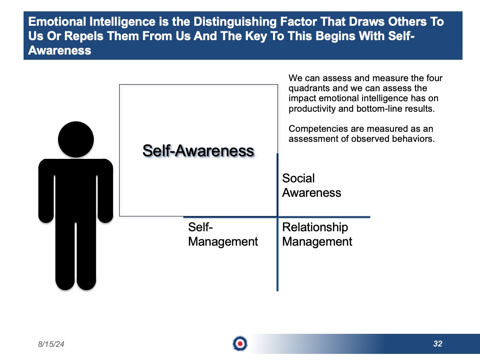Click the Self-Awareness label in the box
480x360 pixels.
tap(199, 151)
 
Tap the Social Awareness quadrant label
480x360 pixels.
tap(312, 185)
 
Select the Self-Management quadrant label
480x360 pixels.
tap(223, 234)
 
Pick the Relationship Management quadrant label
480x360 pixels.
tap(317, 234)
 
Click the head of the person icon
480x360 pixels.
tap(76, 140)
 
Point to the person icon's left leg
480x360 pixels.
tap(65, 256)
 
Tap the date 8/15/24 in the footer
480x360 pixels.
tap(51, 344)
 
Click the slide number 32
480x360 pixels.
tap(438, 344)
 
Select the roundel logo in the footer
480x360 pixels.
tap(240, 344)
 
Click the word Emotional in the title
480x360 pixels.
tap(57, 22)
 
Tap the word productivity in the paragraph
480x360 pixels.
tap(312, 109)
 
